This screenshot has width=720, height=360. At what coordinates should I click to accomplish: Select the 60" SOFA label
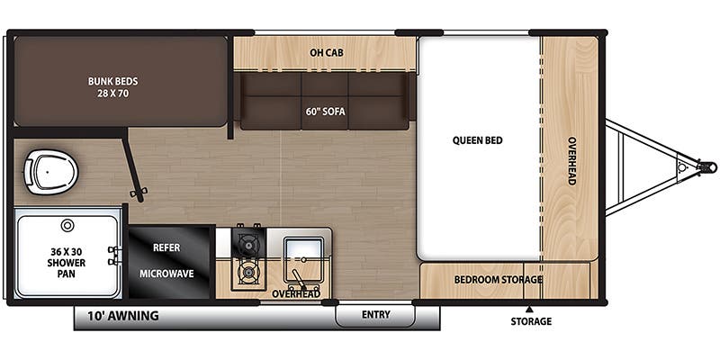[x=326, y=112]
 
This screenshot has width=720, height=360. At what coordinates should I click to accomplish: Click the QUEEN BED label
[x=477, y=140]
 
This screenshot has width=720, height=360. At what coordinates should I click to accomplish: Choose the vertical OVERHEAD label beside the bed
[x=571, y=161]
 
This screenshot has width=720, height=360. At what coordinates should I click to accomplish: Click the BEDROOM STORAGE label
[x=498, y=279]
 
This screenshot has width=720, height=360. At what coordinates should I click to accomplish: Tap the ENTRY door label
[x=375, y=314]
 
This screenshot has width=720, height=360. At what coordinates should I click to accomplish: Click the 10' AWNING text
[x=123, y=316]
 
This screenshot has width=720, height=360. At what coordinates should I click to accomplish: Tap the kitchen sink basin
[x=301, y=250]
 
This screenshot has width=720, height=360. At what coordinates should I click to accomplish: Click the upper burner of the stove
[x=246, y=242]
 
